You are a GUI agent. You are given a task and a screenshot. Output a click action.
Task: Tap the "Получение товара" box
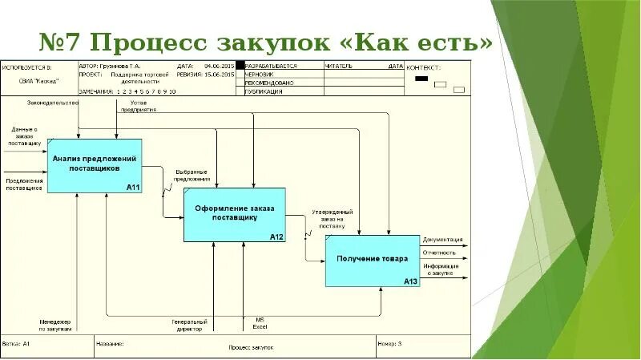pyautogui.click(x=373, y=260)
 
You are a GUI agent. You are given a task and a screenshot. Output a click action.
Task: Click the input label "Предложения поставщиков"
pyautogui.click(x=24, y=185)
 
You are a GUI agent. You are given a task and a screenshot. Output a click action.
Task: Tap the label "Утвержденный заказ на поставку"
pyautogui.click(x=332, y=219)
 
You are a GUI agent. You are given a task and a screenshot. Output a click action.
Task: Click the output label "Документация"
pyautogui.click(x=443, y=239)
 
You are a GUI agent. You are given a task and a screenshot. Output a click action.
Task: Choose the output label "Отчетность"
pyautogui.click(x=439, y=253)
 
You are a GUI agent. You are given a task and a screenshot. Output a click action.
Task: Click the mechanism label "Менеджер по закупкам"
pyautogui.click(x=55, y=325)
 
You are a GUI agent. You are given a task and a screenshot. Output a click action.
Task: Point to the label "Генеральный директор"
pyautogui.click(x=189, y=325)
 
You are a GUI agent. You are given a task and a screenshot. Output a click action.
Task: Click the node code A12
pyautogui.click(x=276, y=237)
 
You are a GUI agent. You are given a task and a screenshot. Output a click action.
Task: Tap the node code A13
pyautogui.click(x=410, y=281)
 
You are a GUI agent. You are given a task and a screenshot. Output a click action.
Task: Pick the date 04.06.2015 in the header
pyautogui.click(x=219, y=66)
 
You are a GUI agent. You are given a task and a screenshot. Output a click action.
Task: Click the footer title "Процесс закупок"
pyautogui.click(x=251, y=347)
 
